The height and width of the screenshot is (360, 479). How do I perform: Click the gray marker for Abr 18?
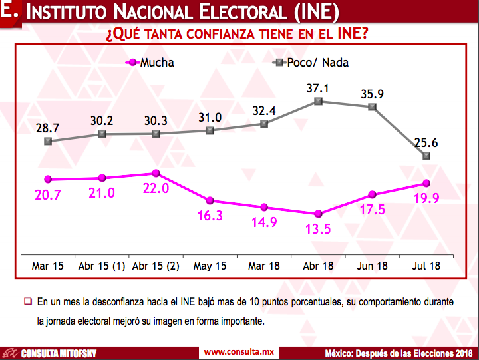point(318,101)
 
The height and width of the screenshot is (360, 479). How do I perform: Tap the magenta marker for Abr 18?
point(318,214)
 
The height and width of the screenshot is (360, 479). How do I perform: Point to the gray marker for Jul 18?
point(426,156)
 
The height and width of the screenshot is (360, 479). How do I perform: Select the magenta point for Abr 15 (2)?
point(156,173)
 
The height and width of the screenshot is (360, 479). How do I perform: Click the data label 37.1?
point(318,87)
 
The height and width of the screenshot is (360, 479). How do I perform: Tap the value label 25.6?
point(426,142)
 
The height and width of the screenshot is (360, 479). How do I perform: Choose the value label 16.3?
point(210,216)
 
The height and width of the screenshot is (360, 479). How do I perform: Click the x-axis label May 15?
point(210,266)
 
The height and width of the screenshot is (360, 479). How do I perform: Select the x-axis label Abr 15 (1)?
point(102,266)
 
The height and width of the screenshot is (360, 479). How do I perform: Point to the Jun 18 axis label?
point(373,266)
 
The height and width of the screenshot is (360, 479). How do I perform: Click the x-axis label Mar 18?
point(264,266)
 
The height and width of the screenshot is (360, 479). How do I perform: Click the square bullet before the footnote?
point(28,301)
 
